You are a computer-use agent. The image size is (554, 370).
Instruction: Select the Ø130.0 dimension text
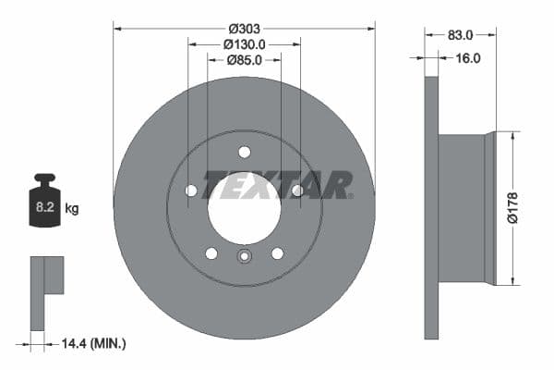pos(244,43)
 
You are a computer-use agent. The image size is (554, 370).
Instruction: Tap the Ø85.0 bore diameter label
pos(244,60)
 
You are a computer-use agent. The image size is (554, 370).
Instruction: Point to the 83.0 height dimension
pos(460,35)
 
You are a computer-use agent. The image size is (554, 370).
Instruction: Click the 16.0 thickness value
pos(469,57)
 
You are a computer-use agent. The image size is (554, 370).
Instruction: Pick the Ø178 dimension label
pos(523,207)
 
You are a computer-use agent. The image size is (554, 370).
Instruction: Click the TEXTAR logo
pos(277,185)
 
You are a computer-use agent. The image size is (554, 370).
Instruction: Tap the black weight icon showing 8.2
pos(45,199)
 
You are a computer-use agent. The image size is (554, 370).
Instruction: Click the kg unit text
pos(72,209)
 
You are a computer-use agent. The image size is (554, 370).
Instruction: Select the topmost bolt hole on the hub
pos(244,152)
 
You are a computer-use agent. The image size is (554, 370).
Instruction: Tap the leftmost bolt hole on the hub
pos(191,191)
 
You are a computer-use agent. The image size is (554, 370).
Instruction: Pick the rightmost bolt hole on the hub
pos(297,191)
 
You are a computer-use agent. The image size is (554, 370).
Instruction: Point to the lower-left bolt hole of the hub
pos(211,253)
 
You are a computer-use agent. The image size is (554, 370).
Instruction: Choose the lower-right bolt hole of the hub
pos(277,253)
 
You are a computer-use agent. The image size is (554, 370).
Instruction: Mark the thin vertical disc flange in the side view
pos(430,207)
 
